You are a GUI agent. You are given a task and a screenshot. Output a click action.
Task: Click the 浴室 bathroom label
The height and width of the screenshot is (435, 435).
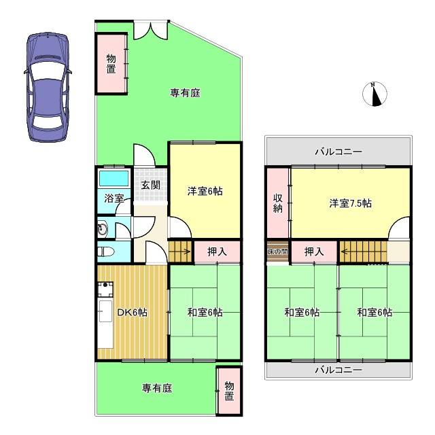(114, 199)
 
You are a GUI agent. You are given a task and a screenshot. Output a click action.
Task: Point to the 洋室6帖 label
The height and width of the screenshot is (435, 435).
(205, 192)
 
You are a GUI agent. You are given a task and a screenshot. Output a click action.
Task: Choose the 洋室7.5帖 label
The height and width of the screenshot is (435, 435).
(350, 203)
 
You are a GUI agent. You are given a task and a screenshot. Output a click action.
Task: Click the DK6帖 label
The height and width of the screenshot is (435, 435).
(132, 313)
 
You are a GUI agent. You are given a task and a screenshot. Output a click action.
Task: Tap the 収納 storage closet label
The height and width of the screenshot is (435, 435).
(277, 203)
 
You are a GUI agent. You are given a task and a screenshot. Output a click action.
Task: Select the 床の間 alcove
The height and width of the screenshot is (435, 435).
(277, 251)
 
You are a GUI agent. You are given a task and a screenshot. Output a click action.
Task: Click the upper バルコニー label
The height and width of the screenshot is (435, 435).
(338, 152)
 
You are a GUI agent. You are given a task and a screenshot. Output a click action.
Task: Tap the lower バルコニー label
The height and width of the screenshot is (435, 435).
(338, 370)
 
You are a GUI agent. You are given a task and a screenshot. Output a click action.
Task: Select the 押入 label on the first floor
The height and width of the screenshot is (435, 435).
(217, 251)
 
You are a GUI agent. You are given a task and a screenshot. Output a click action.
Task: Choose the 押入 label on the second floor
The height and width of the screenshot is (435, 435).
(314, 251)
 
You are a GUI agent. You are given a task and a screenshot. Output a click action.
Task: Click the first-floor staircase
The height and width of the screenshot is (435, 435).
(181, 251)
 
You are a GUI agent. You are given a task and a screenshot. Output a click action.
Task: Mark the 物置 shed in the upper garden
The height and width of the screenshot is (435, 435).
(111, 63)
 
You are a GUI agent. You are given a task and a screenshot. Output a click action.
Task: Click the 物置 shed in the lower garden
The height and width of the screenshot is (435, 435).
(229, 391)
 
